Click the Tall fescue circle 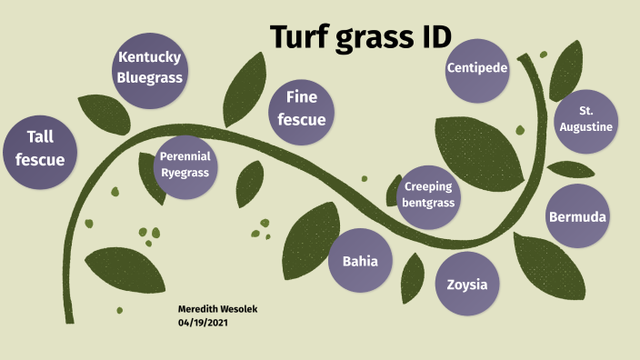[40, 149]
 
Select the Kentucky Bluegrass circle [150, 68]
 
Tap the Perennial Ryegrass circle [185, 165]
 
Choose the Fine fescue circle [301, 108]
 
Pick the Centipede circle [477, 68]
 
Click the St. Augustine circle [587, 120]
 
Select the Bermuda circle [577, 216]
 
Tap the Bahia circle [360, 261]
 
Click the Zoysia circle [467, 284]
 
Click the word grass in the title [372, 38]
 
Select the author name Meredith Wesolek [218, 309]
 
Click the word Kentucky [150, 58]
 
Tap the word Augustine [587, 127]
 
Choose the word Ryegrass [185, 172]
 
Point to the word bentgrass [427, 203]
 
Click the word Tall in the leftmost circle [40, 136]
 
